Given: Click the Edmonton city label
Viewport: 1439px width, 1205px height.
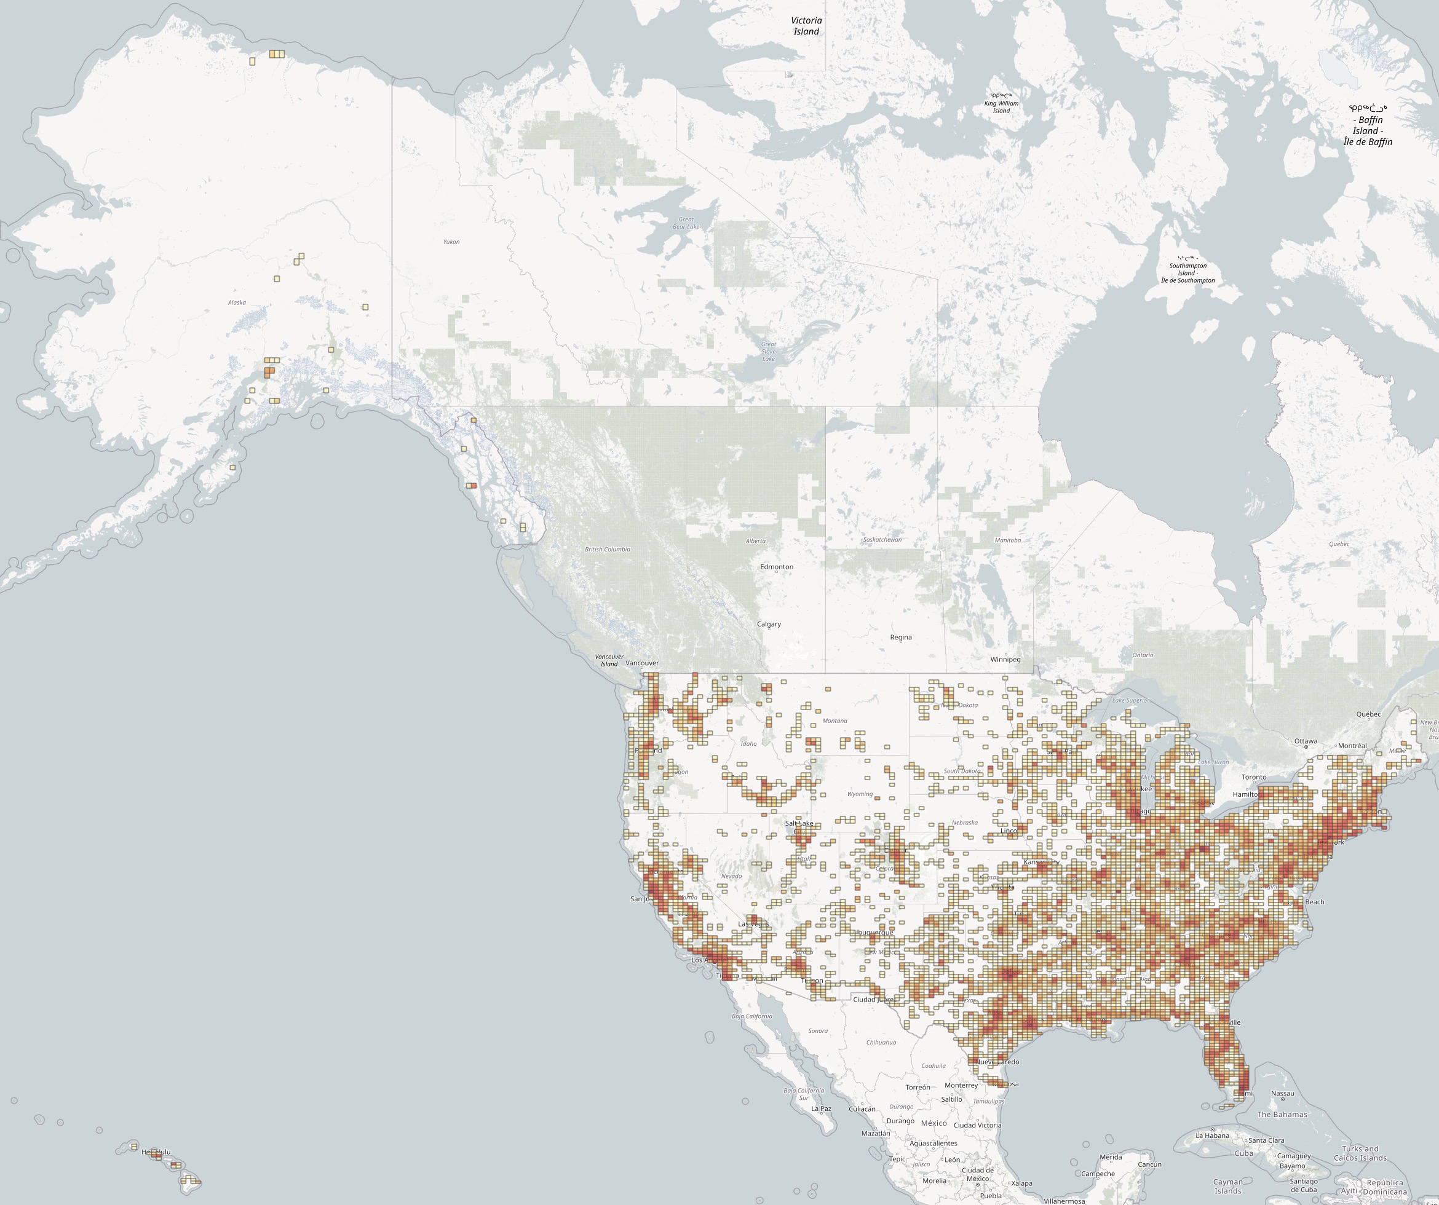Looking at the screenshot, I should (776, 567).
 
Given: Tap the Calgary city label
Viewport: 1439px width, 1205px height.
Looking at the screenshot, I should (769, 624).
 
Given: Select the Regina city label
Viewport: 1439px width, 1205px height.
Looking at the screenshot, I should (900, 637).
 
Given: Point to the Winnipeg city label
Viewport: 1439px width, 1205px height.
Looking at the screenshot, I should (1005, 660).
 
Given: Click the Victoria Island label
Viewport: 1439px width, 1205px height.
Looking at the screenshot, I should (807, 26).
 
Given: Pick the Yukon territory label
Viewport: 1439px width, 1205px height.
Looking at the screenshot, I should (451, 242).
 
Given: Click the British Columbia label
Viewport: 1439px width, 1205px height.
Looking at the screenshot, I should (607, 550).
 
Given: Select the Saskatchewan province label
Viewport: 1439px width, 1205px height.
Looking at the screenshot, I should (882, 540).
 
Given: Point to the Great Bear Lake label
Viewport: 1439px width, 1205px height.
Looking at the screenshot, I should (686, 223).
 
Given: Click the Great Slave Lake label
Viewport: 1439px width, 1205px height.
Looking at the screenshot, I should (769, 352).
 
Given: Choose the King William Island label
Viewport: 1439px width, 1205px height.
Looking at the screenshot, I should (1001, 103).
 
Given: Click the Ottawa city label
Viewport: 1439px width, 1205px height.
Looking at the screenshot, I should (1306, 741).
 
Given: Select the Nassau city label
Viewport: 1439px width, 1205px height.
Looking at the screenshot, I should (1282, 1094).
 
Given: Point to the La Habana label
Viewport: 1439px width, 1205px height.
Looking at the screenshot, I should (1212, 1136).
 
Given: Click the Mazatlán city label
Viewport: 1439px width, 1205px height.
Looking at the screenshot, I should (875, 1133).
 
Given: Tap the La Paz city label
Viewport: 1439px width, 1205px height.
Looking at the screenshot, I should (821, 1108).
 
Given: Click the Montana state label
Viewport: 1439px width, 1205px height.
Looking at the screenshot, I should (834, 721).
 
